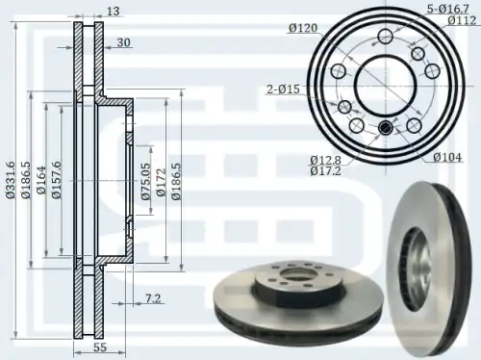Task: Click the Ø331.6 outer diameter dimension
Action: (11, 180)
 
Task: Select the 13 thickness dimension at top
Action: (113, 12)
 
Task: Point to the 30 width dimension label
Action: (123, 42)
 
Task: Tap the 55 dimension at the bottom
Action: (100, 347)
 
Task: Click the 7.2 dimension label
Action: (153, 298)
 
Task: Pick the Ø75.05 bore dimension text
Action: (146, 181)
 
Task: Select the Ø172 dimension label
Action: (161, 182)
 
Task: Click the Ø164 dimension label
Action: (41, 180)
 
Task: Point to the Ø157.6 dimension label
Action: (57, 180)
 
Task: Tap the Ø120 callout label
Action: (303, 28)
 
